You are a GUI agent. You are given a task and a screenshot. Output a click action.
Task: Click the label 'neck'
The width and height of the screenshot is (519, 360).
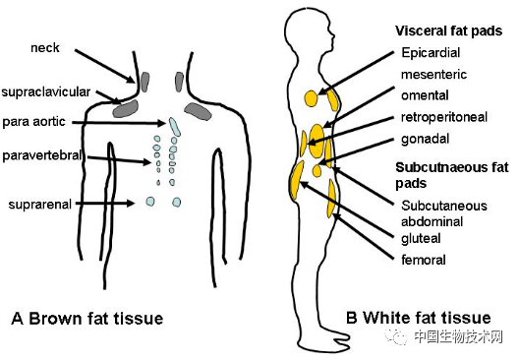click(x=45, y=47)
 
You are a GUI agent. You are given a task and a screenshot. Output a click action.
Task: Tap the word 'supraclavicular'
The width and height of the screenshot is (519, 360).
click(x=45, y=92)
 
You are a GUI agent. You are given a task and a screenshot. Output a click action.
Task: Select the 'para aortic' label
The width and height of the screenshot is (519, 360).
click(x=33, y=122)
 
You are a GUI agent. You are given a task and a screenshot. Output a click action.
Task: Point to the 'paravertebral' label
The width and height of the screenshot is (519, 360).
click(x=42, y=155)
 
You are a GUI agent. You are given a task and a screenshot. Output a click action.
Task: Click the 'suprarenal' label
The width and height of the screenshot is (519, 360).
click(x=39, y=205)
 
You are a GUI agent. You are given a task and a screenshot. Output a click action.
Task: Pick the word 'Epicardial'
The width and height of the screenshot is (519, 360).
click(x=431, y=53)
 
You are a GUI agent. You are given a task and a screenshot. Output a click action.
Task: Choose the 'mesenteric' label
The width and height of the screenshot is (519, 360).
click(x=433, y=74)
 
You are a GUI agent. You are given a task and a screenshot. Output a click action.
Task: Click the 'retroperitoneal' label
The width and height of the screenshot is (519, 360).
click(x=444, y=117)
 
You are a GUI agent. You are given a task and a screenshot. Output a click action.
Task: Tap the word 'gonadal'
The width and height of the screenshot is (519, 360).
click(x=425, y=139)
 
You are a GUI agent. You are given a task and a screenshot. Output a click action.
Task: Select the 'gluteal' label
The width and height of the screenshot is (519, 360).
click(x=421, y=238)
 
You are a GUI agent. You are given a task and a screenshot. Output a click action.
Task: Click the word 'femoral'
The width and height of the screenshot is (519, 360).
click(x=424, y=260)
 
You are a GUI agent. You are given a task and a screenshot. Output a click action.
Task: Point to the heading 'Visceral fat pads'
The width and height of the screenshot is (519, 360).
click(x=449, y=30)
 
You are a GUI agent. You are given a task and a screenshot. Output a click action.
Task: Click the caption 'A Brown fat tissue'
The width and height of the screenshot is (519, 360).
click(x=87, y=319)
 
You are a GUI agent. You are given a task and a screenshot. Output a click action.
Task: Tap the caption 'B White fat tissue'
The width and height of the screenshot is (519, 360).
click(x=419, y=318)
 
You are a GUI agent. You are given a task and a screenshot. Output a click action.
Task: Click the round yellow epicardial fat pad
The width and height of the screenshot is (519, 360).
click(x=311, y=98)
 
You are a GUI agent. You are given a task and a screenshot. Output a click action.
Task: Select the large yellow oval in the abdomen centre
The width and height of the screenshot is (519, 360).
click(x=317, y=141)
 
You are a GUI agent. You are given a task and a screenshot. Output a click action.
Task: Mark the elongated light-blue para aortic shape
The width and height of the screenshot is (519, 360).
click(x=174, y=127)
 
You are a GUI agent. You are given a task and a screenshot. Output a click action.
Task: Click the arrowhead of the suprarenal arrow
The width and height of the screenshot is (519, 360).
click(x=131, y=203)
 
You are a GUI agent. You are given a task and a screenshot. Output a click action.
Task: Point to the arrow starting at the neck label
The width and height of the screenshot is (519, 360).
click(x=104, y=66)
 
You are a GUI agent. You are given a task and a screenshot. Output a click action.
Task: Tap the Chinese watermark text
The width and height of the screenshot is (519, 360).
click(x=458, y=336)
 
